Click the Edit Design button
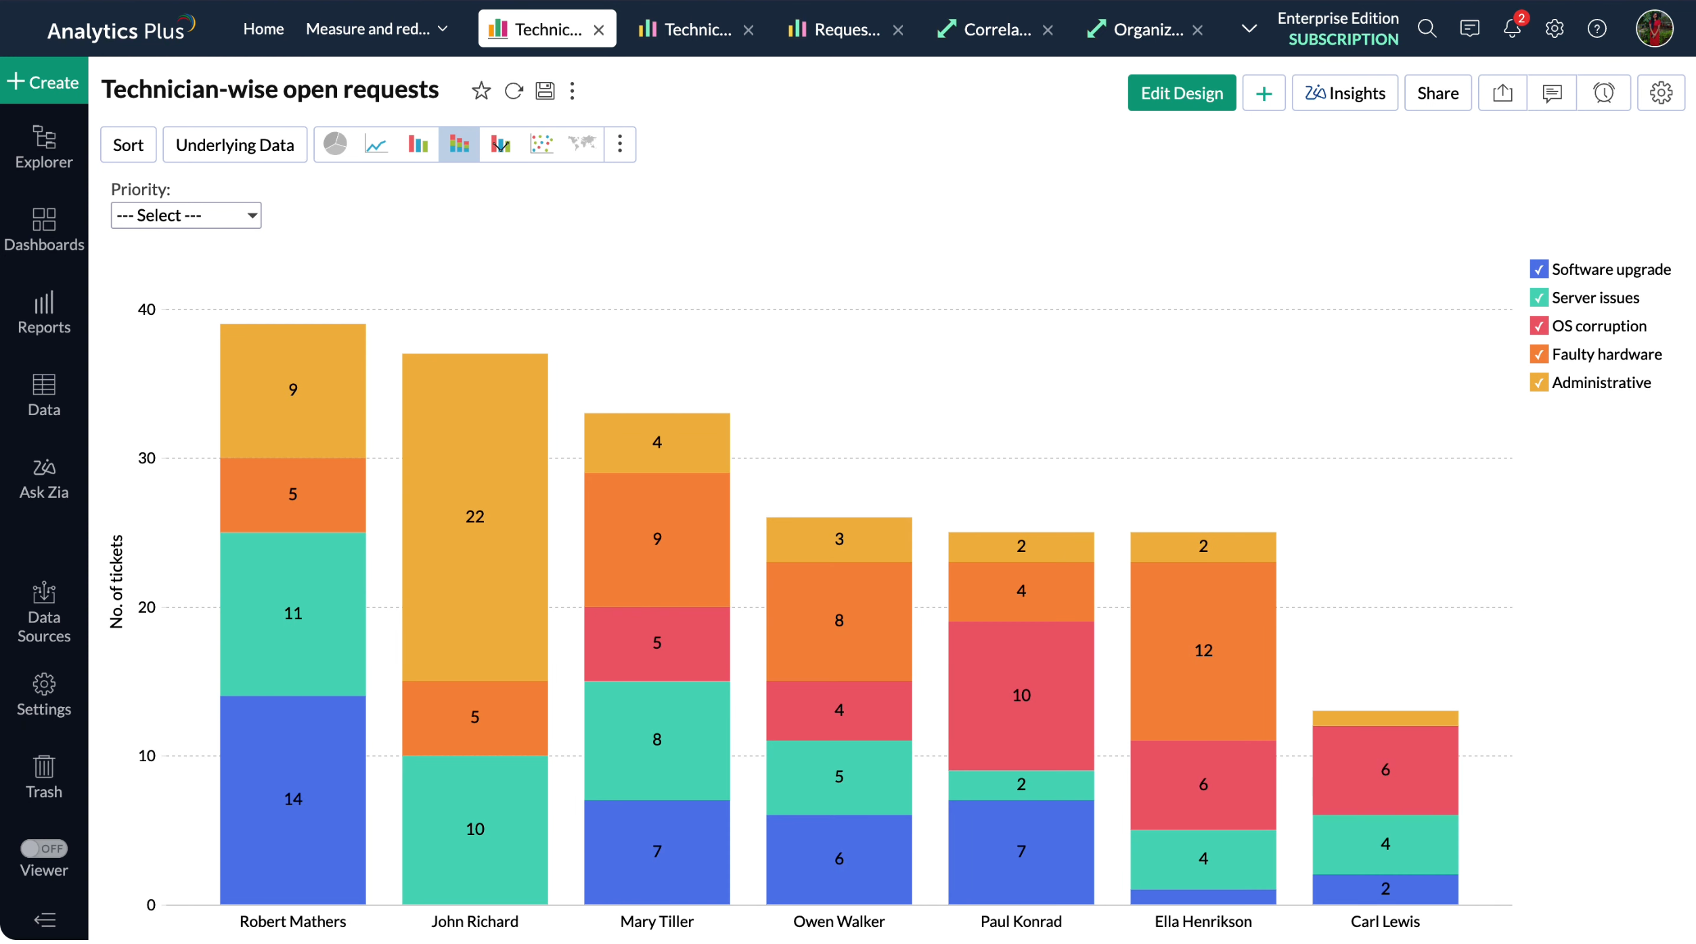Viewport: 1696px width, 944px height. [x=1181, y=93]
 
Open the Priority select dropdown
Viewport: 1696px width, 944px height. [x=185, y=215]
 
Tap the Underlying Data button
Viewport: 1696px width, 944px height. [x=234, y=145]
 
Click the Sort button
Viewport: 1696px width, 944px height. [x=128, y=145]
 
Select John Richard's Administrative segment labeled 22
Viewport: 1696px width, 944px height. [x=474, y=517]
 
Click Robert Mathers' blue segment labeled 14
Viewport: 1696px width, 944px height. [x=292, y=800]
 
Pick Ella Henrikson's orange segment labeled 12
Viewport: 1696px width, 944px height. [x=1203, y=651]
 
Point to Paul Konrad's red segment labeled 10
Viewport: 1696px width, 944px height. [x=1021, y=695]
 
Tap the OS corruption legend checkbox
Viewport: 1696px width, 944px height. [x=1538, y=326]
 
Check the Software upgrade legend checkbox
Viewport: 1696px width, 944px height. [x=1538, y=270]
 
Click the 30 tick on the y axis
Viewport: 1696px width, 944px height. [x=146, y=458]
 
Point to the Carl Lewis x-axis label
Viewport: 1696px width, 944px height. [x=1385, y=922]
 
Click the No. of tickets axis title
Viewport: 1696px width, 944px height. [x=116, y=582]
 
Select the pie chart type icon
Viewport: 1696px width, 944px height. [x=335, y=144]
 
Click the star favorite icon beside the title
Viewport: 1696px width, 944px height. [x=481, y=91]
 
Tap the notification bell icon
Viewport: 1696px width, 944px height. [x=1511, y=28]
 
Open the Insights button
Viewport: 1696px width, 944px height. [x=1344, y=93]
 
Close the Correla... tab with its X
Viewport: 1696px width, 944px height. [x=1048, y=30]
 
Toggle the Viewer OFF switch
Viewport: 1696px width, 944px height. [x=44, y=849]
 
